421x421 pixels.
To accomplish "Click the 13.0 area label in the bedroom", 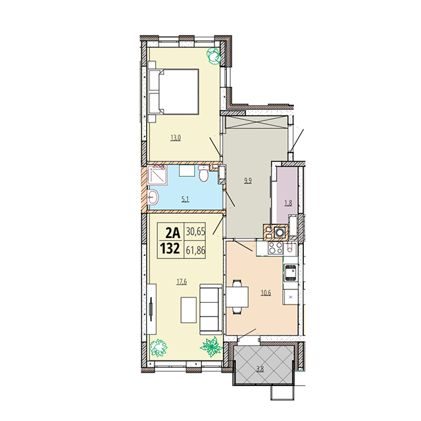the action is (x=176, y=138).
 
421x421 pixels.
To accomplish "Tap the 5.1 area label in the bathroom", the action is (x=186, y=199).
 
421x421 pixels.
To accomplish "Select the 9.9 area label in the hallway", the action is (x=247, y=180).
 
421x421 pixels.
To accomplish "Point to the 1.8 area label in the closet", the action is (x=288, y=203).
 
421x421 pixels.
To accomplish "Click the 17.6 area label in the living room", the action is (x=182, y=282).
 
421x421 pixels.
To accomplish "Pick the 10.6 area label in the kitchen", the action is (x=266, y=293).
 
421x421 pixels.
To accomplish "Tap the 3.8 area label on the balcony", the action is (x=260, y=369).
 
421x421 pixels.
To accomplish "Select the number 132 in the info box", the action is (x=170, y=249).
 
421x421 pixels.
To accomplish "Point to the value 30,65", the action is (x=195, y=232).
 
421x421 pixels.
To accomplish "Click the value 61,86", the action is (x=195, y=250).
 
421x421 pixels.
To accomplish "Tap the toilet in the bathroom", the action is (x=203, y=174).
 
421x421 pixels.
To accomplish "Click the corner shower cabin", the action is (x=158, y=176).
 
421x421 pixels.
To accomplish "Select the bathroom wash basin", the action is (x=153, y=199).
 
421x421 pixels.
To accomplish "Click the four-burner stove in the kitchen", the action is (x=276, y=248).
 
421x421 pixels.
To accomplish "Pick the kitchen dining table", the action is (x=237, y=297).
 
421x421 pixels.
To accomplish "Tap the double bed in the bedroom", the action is (x=174, y=92).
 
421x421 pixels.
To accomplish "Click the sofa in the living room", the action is (x=211, y=310).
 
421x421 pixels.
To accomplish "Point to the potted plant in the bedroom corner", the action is (x=213, y=55).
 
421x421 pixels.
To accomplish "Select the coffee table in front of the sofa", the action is (x=189, y=310).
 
